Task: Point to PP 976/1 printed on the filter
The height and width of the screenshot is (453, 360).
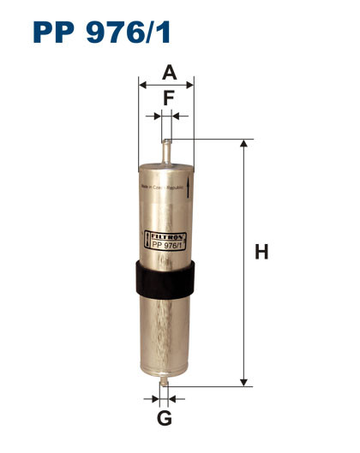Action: (x=166, y=243)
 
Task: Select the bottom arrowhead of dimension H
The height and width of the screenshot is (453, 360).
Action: (x=244, y=382)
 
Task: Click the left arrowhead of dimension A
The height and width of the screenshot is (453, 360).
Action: (x=142, y=85)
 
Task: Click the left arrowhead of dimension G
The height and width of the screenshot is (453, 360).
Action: (x=157, y=398)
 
